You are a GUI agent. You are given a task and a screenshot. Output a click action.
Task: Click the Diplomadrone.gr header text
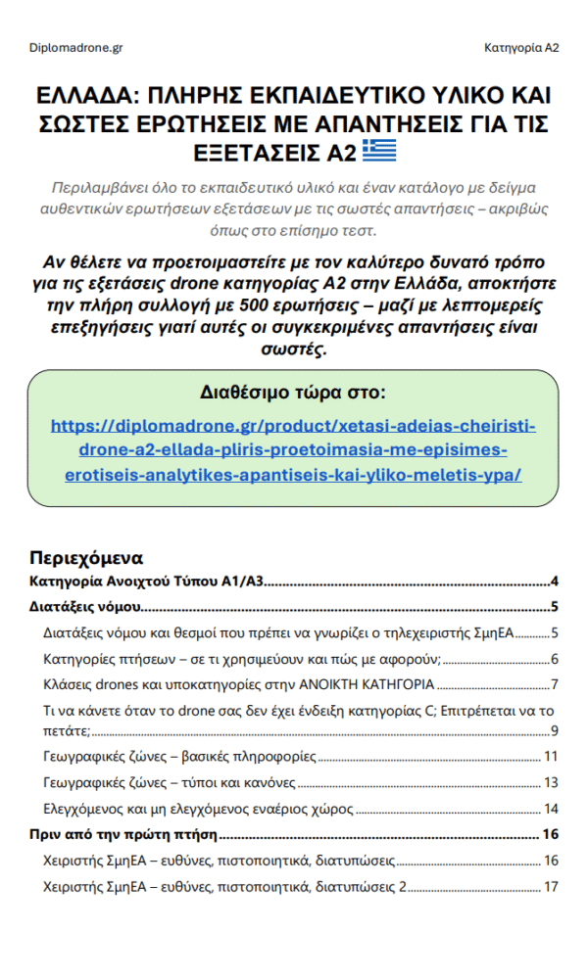click(76, 47)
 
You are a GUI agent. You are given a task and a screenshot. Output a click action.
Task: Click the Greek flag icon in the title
click(379, 152)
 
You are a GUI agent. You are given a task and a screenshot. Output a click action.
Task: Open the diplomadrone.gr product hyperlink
click(293, 450)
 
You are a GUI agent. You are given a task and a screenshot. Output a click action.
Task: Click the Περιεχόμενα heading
click(87, 558)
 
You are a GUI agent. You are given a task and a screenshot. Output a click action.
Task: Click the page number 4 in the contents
click(555, 582)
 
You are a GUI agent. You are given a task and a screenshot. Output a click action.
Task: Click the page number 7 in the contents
click(555, 683)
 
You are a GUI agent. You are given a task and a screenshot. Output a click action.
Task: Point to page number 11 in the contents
click(551, 756)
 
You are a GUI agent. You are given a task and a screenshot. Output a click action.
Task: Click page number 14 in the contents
click(551, 809)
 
